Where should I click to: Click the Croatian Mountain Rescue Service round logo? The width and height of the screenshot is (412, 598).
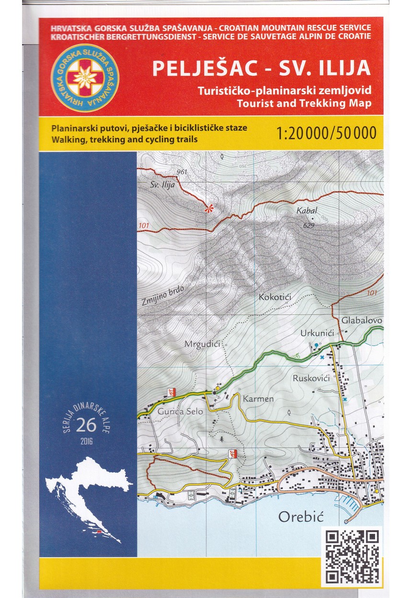point(85,78)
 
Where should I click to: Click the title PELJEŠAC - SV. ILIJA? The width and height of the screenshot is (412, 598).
point(261,68)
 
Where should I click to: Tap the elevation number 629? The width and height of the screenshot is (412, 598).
point(309,225)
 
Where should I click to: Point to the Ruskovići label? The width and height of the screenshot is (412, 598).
point(310,378)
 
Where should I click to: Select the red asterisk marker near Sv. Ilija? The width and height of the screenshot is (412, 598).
point(208,209)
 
